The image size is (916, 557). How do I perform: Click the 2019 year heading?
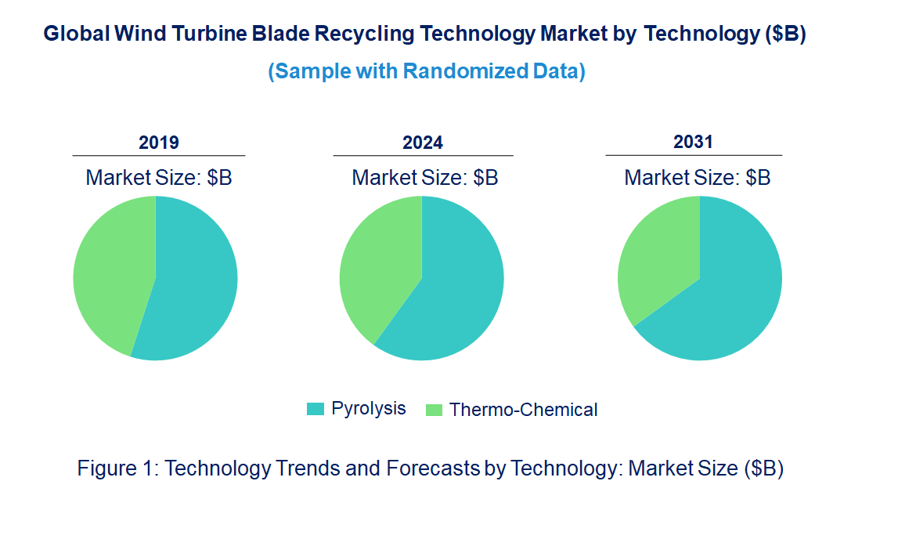[159, 143]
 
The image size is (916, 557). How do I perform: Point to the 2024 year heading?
[423, 143]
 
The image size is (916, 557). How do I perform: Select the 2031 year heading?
[694, 142]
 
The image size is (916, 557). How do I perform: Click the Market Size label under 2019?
[159, 178]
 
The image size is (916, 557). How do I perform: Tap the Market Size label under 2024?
[425, 178]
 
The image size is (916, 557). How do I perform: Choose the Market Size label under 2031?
[698, 178]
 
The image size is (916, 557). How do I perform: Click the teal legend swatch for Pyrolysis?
[315, 409]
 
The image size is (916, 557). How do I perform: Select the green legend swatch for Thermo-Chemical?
[434, 410]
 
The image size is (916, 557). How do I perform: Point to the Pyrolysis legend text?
[369, 408]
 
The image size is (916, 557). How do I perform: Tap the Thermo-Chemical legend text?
[523, 410]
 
